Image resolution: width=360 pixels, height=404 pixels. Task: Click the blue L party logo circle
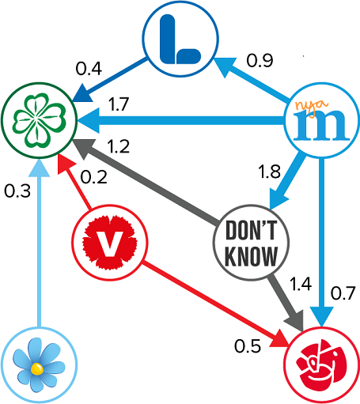click(180, 39)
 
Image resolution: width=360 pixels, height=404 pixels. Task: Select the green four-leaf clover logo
click(40, 120)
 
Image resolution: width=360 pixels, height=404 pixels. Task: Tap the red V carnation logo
click(110, 242)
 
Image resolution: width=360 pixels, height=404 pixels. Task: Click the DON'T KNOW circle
click(251, 242)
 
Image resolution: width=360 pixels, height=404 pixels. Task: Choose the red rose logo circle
click(322, 365)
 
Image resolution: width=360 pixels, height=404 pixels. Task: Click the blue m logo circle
click(321, 120)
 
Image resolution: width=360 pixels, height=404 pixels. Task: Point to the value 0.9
click(260, 61)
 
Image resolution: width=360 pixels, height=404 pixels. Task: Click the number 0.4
click(89, 69)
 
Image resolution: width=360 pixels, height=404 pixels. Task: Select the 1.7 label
click(119, 104)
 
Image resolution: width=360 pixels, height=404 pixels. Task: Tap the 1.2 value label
click(118, 146)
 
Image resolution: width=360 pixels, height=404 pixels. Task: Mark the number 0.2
click(94, 177)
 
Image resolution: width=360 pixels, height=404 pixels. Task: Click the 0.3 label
click(17, 191)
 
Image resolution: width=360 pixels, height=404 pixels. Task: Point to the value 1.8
click(269, 172)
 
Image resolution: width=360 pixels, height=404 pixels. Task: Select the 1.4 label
click(301, 284)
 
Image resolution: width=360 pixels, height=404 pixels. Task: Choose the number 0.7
click(343, 293)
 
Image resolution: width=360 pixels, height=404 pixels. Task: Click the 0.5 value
click(248, 346)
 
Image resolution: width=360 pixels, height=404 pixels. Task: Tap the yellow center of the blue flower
click(36, 368)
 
